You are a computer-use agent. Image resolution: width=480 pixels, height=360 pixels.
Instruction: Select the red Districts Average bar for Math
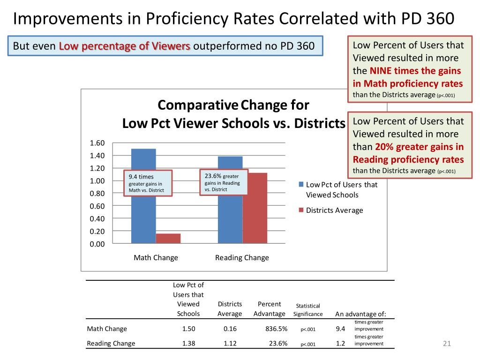(168, 238)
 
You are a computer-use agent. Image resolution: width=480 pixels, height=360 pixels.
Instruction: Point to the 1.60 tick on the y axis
(97, 143)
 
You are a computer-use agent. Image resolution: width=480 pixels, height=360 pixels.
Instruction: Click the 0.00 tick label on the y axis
(97, 244)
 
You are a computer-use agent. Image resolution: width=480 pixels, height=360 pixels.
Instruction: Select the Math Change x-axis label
(156, 257)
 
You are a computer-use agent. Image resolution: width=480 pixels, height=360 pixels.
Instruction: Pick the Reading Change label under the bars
(242, 257)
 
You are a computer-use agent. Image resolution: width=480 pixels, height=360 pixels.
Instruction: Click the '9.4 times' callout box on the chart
(147, 183)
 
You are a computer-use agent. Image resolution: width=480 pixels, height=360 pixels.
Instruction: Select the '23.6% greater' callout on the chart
(223, 182)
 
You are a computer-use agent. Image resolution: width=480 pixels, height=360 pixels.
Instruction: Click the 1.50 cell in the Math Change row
(188, 329)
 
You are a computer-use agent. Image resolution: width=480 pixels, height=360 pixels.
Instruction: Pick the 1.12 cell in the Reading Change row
(230, 343)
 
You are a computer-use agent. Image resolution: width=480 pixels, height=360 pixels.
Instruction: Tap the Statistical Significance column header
(308, 310)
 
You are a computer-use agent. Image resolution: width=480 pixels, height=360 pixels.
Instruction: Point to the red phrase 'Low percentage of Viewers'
(125, 46)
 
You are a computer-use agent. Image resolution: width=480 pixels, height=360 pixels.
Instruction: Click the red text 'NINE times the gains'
(415, 71)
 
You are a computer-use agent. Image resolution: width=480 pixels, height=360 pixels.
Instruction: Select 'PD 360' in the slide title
(427, 19)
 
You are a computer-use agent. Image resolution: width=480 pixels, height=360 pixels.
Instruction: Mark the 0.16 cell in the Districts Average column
(230, 329)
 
